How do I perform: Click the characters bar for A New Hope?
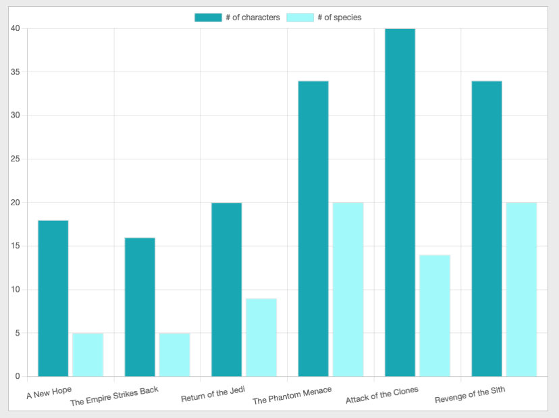53,298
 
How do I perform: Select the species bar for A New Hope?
88,355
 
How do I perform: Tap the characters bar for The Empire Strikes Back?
140,307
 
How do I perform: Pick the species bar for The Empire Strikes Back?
174,355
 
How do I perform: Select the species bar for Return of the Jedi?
261,337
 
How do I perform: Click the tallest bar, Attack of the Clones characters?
400,203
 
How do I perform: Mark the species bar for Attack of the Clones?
435,315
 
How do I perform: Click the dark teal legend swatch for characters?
208,18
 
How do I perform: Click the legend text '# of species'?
339,18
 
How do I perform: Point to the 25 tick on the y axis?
16,159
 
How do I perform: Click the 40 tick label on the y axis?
16,28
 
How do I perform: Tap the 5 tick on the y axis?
18,333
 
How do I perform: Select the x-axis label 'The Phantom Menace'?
292,396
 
